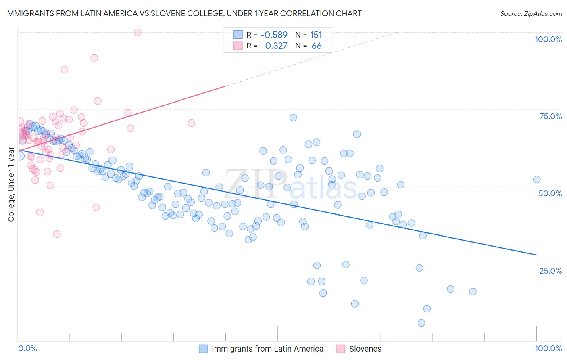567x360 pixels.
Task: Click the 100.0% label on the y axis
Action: pyautogui.click(x=548, y=39)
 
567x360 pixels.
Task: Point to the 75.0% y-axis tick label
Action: pyautogui.click(x=550, y=116)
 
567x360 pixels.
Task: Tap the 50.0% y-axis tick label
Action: pyautogui.click(x=550, y=193)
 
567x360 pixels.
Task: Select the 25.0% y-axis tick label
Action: pyautogui.click(x=550, y=271)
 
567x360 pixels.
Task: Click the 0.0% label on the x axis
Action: pyautogui.click(x=27, y=348)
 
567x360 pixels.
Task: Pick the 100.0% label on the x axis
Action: pyautogui.click(x=548, y=348)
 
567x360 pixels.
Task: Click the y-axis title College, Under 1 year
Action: pyautogui.click(x=11, y=184)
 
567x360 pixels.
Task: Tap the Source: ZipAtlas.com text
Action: pyautogui.click(x=531, y=14)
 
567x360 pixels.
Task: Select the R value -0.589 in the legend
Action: pyautogui.click(x=274, y=35)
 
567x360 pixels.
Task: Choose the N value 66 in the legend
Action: pyautogui.click(x=317, y=46)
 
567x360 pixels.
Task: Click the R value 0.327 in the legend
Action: pyautogui.click(x=276, y=46)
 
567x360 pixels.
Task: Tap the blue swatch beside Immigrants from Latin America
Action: pyautogui.click(x=204, y=349)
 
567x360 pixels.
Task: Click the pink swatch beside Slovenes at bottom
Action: pyautogui.click(x=341, y=349)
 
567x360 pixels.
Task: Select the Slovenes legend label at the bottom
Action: pyautogui.click(x=365, y=349)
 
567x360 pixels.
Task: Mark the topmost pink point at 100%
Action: pyautogui.click(x=138, y=32)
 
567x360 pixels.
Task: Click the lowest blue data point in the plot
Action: pyautogui.click(x=421, y=323)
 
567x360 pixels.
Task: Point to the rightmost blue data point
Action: pyautogui.click(x=537, y=180)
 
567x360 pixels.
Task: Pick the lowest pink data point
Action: pyautogui.click(x=57, y=234)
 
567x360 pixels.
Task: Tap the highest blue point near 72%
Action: pyautogui.click(x=293, y=117)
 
